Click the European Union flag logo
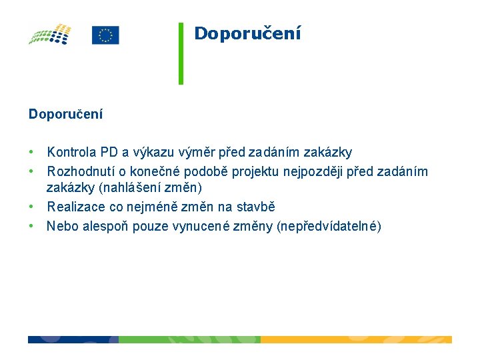[x=105, y=35]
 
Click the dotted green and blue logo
[x=49, y=34]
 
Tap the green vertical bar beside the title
[x=181, y=53]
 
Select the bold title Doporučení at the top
[x=247, y=33]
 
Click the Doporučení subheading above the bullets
[x=65, y=114]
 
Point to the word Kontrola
[x=72, y=153]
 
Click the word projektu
[x=255, y=172]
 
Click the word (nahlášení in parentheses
[x=129, y=188]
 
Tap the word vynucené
[x=215, y=227]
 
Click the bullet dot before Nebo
[x=31, y=227]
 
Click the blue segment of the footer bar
[x=73, y=339]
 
